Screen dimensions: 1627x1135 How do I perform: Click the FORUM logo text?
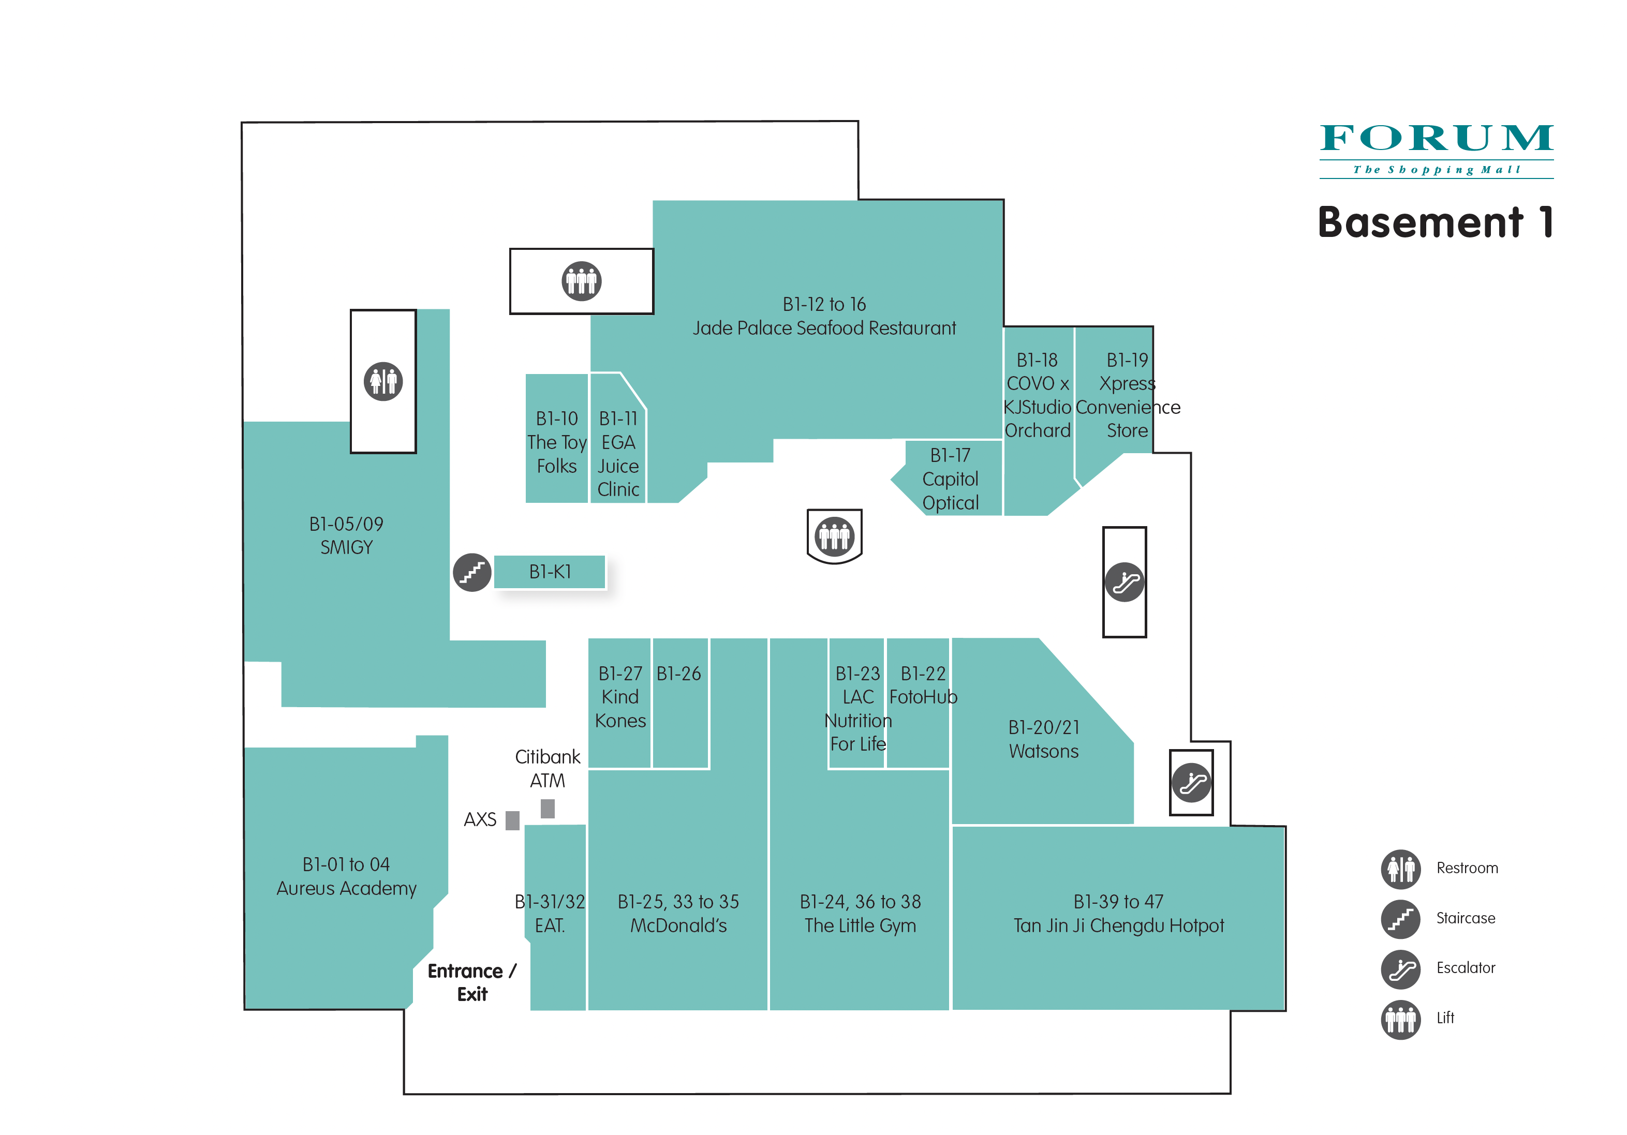click(1437, 138)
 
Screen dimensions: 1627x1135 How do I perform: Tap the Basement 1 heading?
click(1437, 222)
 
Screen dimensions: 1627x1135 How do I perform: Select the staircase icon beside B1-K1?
click(472, 573)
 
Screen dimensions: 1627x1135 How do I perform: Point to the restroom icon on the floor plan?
click(383, 381)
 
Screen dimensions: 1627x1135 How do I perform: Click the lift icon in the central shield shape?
click(834, 535)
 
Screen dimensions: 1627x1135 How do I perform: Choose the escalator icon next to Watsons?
click(1191, 783)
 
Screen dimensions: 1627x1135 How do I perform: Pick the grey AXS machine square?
click(512, 820)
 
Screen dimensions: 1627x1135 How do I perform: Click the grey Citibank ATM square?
click(548, 809)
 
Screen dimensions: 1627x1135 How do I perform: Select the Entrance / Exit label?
click(472, 982)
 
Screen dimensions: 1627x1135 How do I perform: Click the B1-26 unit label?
click(679, 674)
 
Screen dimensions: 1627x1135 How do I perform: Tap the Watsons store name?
click(1044, 751)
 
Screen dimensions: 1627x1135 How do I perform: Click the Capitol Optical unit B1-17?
click(950, 478)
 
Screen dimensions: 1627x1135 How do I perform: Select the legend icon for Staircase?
click(1401, 919)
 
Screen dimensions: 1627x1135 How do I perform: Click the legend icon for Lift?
click(1401, 1019)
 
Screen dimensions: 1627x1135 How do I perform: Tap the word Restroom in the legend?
click(1467, 869)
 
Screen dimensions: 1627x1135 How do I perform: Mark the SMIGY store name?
click(347, 548)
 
